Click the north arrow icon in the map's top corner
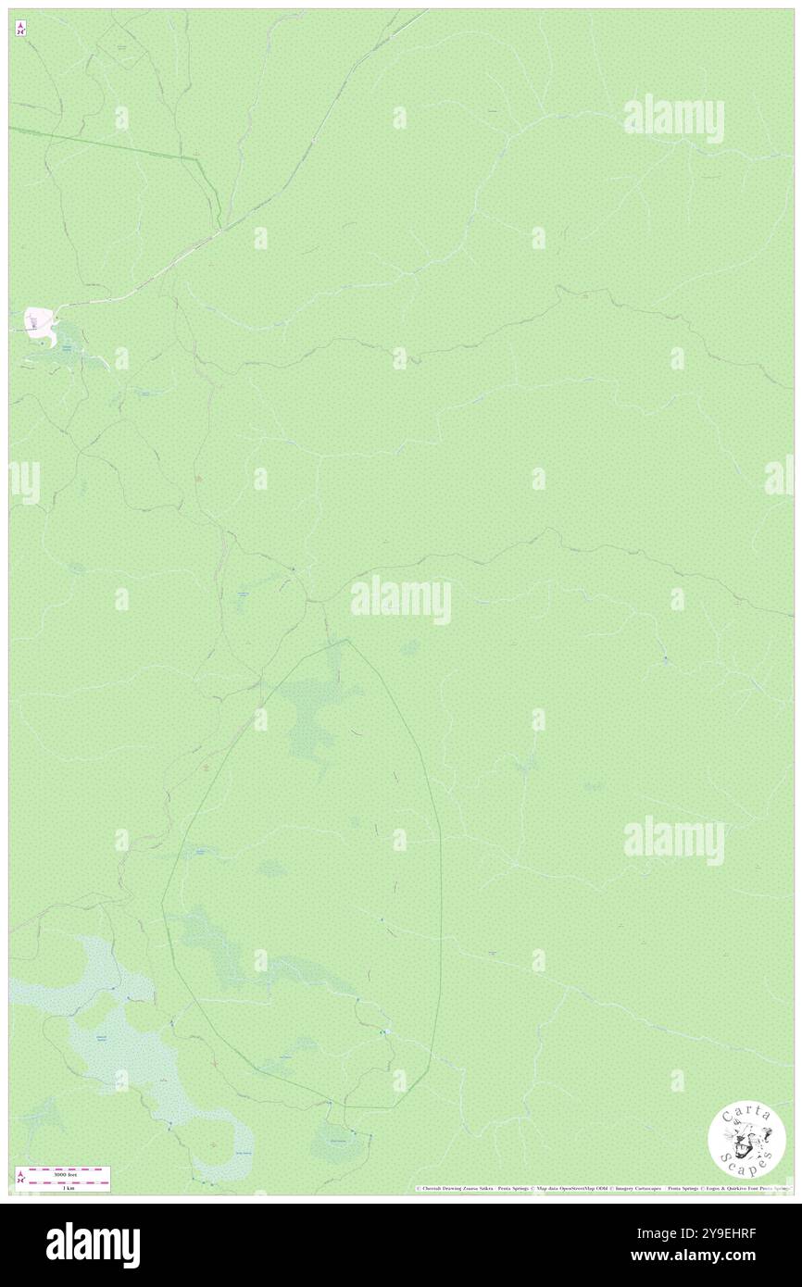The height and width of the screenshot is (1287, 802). click(x=21, y=28)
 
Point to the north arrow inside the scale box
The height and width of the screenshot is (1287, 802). click(x=21, y=1178)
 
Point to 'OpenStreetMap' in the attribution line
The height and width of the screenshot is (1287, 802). click(x=583, y=1188)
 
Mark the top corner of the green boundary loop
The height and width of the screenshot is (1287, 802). click(x=347, y=640)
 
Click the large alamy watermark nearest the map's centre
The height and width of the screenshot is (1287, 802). click(x=401, y=600)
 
